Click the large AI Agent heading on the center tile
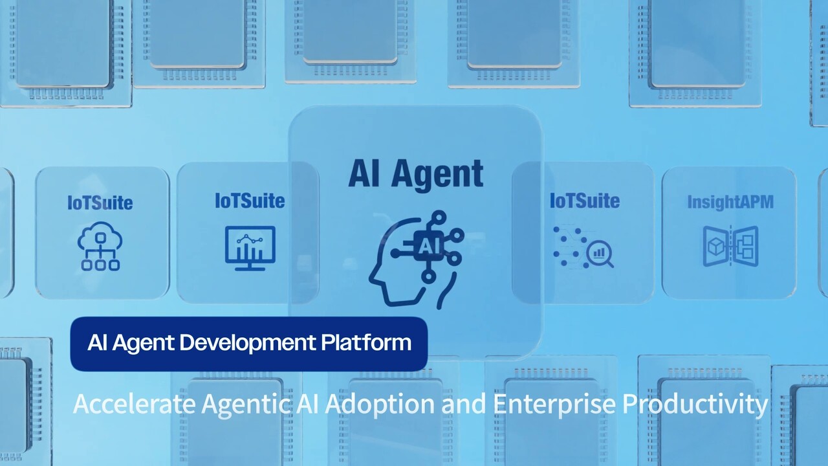click(x=416, y=175)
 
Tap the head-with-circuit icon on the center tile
click(x=416, y=260)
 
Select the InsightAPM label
click(x=730, y=203)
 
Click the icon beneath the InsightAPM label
click(x=730, y=247)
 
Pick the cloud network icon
click(x=100, y=247)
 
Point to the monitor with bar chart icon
click(x=250, y=248)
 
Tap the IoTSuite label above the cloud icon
click(x=100, y=203)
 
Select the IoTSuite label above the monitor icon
click(x=250, y=201)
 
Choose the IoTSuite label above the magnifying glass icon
click(x=585, y=201)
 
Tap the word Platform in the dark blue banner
click(x=366, y=342)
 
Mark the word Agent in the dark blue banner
click(x=143, y=344)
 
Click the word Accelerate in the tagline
click(x=134, y=404)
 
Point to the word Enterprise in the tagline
click(x=554, y=405)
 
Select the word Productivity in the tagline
click(x=695, y=405)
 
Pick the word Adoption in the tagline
click(x=380, y=405)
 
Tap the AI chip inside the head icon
click(x=428, y=246)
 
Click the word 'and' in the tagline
click(x=464, y=404)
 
